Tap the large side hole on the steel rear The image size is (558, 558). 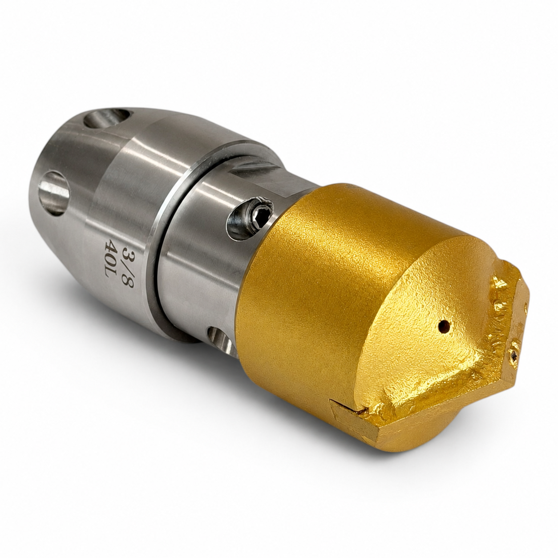(x=54, y=193)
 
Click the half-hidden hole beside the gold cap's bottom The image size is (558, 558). (x=223, y=342)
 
